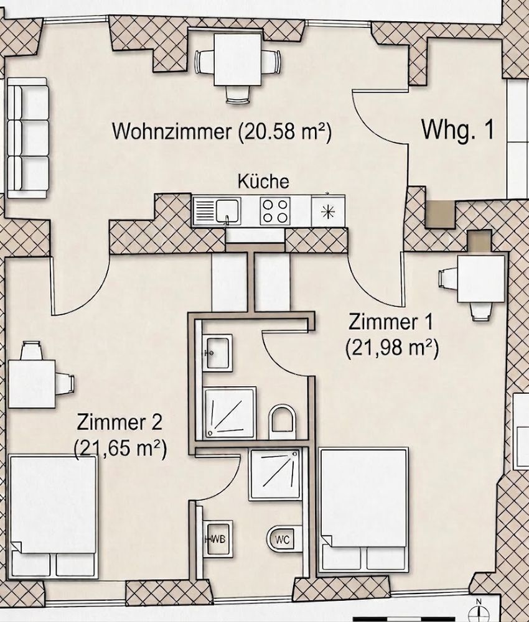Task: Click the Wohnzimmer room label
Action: pyautogui.click(x=171, y=131)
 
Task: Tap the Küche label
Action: pyautogui.click(x=263, y=181)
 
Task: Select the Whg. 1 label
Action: pyautogui.click(x=457, y=130)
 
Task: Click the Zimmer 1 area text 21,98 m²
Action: pyautogui.click(x=392, y=349)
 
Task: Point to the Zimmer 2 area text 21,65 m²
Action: pyautogui.click(x=121, y=448)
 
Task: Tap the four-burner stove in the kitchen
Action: pyautogui.click(x=275, y=211)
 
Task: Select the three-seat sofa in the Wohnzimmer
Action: pyautogui.click(x=28, y=138)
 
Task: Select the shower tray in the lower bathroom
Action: pyautogui.click(x=275, y=474)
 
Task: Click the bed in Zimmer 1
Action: pyautogui.click(x=364, y=510)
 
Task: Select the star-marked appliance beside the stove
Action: pyautogui.click(x=328, y=211)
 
